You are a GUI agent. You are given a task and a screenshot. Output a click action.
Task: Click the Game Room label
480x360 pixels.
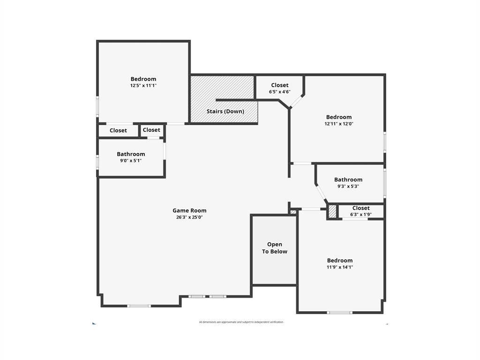click(x=189, y=210)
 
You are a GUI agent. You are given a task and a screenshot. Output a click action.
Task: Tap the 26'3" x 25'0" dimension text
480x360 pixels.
click(x=189, y=217)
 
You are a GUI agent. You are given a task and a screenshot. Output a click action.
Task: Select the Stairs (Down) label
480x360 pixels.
click(x=225, y=111)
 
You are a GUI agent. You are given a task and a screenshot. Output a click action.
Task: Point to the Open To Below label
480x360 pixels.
click(x=275, y=248)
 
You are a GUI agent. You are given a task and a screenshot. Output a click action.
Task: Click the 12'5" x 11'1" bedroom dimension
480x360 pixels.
click(x=143, y=85)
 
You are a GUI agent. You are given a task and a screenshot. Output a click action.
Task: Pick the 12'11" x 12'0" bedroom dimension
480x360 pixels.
click(x=339, y=124)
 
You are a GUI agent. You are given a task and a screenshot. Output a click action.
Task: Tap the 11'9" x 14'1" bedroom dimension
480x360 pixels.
click(x=340, y=267)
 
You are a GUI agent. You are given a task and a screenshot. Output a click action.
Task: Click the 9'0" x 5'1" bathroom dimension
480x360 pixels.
click(x=131, y=160)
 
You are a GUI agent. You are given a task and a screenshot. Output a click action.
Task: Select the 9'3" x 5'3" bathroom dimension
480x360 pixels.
click(x=348, y=186)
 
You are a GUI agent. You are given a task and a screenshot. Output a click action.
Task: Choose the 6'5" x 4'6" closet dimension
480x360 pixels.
click(x=280, y=92)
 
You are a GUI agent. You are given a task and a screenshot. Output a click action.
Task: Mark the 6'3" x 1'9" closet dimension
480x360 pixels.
click(x=361, y=214)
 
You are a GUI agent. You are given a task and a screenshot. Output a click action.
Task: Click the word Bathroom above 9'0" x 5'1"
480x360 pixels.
click(x=131, y=154)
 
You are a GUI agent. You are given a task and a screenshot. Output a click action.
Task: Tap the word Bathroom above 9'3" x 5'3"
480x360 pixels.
click(x=348, y=180)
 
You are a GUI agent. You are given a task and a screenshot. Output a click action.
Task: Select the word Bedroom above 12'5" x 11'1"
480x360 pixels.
click(x=143, y=79)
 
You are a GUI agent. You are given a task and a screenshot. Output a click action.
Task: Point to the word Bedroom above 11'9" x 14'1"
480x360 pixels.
click(x=340, y=260)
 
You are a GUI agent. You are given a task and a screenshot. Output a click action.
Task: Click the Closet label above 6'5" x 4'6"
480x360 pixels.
click(x=280, y=85)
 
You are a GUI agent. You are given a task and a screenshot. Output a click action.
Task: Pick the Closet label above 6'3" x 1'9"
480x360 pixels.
click(x=361, y=208)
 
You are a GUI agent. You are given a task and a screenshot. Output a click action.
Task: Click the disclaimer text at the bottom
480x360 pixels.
click(x=241, y=322)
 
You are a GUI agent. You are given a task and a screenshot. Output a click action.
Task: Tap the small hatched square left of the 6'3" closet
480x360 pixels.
click(x=332, y=211)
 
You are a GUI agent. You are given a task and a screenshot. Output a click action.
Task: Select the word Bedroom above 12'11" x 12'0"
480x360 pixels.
click(x=339, y=117)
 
